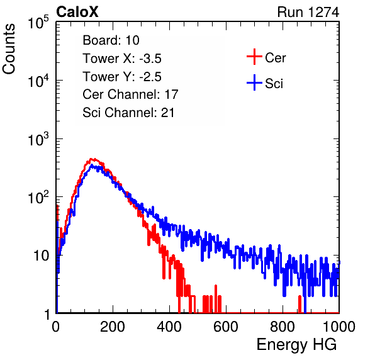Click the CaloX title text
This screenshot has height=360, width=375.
(77, 12)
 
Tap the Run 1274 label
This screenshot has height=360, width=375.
(308, 12)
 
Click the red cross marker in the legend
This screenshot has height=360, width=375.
(254, 57)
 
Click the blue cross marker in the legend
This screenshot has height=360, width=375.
(254, 82)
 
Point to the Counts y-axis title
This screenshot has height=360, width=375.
(9, 49)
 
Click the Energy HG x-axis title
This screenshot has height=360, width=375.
(296, 345)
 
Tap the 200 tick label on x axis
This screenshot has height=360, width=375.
(113, 327)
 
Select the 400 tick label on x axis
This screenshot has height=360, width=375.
(169, 327)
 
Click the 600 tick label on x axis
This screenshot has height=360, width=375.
(226, 327)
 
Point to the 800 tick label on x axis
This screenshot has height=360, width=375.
(283, 327)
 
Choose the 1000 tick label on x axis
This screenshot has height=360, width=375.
(339, 327)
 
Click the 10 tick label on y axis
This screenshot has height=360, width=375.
(41, 256)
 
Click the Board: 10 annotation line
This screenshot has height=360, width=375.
(111, 40)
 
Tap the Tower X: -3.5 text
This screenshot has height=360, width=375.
(122, 59)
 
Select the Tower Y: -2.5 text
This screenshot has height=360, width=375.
(122, 77)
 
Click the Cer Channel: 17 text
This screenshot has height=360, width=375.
(131, 94)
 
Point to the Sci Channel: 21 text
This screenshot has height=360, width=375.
(128, 113)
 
